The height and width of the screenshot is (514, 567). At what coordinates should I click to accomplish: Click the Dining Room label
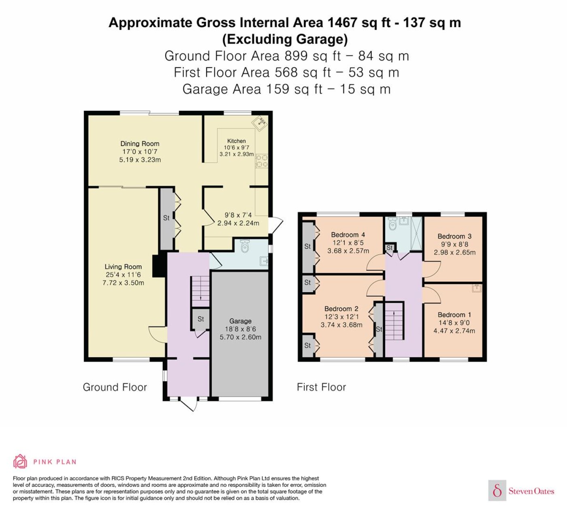140,144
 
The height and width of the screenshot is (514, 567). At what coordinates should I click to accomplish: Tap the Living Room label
123,266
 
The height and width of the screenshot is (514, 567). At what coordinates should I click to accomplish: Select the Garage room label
240,321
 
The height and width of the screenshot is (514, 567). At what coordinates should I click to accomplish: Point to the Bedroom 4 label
348,234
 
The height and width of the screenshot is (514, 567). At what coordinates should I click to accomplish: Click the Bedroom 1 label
454,314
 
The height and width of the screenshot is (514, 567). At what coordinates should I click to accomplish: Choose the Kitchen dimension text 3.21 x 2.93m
237,154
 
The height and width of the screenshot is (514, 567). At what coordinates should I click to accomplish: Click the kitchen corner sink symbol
260,123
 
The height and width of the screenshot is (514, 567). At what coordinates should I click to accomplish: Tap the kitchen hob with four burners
262,161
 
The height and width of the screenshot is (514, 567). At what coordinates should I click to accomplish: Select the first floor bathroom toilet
392,223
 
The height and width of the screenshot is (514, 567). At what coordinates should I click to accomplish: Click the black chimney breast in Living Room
158,266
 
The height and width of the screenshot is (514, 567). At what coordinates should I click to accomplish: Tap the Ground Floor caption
115,387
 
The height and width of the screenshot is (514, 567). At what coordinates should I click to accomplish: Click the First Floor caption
322,387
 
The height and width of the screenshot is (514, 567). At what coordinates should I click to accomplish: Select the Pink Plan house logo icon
20,461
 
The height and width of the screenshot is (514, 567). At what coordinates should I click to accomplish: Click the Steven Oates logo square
497,490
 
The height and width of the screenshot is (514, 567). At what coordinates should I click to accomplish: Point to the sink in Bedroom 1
477,288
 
